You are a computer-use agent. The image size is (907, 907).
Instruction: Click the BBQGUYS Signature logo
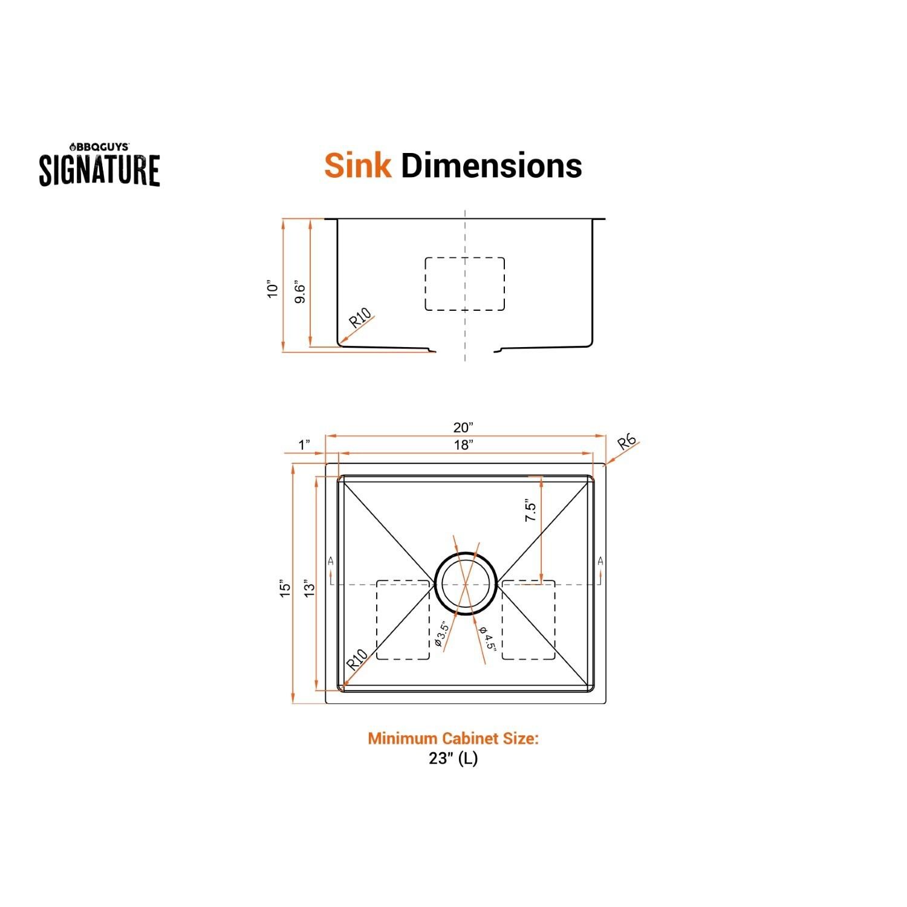(x=100, y=164)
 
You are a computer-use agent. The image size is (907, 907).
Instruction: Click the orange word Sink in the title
(x=357, y=165)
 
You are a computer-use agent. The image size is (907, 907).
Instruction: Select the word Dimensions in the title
(x=491, y=165)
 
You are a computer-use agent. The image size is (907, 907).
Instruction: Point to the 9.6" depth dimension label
(x=300, y=291)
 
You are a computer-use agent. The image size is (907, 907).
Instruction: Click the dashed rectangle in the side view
(x=464, y=284)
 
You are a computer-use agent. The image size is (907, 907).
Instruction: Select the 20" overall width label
(x=463, y=427)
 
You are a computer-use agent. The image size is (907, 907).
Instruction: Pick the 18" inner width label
(x=463, y=446)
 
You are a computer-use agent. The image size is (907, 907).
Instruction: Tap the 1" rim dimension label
(x=305, y=446)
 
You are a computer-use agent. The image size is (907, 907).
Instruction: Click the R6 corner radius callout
(x=627, y=444)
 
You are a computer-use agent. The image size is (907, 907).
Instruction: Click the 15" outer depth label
(x=285, y=588)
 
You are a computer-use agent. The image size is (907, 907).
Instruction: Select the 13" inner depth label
(x=310, y=588)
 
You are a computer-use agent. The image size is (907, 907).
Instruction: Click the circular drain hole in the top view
(x=465, y=584)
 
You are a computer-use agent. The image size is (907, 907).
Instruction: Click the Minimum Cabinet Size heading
(x=453, y=738)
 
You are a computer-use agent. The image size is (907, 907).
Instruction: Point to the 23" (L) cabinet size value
(x=453, y=758)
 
